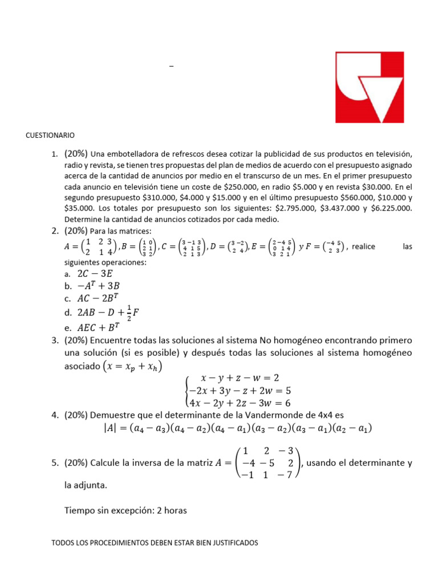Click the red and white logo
(370, 87)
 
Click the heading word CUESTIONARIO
(50, 136)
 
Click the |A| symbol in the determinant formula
(103, 429)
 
